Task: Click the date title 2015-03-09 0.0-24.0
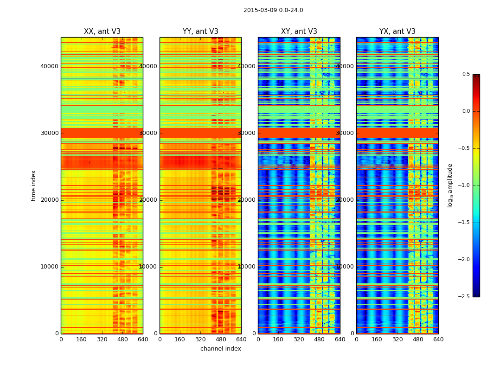273,10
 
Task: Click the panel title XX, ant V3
102,32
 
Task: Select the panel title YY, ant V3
200,32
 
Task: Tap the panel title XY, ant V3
299,32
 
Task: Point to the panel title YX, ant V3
397,32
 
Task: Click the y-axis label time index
33,185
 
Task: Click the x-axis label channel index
221,349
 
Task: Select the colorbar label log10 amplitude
450,185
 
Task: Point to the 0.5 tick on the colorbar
466,74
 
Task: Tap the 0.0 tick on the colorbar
466,111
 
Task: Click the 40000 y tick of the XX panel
49,66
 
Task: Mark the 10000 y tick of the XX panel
49,267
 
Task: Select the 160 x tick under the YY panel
180,339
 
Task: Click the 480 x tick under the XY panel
320,339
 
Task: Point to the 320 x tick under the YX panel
397,339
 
